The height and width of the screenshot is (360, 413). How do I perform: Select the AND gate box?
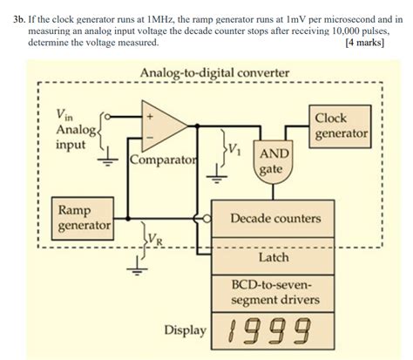click(270, 164)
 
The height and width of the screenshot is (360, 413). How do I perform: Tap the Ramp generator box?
click(84, 219)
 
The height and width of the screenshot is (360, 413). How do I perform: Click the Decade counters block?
click(274, 218)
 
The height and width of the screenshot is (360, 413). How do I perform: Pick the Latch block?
click(274, 258)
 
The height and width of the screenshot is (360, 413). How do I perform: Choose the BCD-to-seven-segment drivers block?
click(274, 292)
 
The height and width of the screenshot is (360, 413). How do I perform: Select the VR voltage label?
click(154, 236)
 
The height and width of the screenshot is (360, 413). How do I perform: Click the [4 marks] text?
click(364, 42)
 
